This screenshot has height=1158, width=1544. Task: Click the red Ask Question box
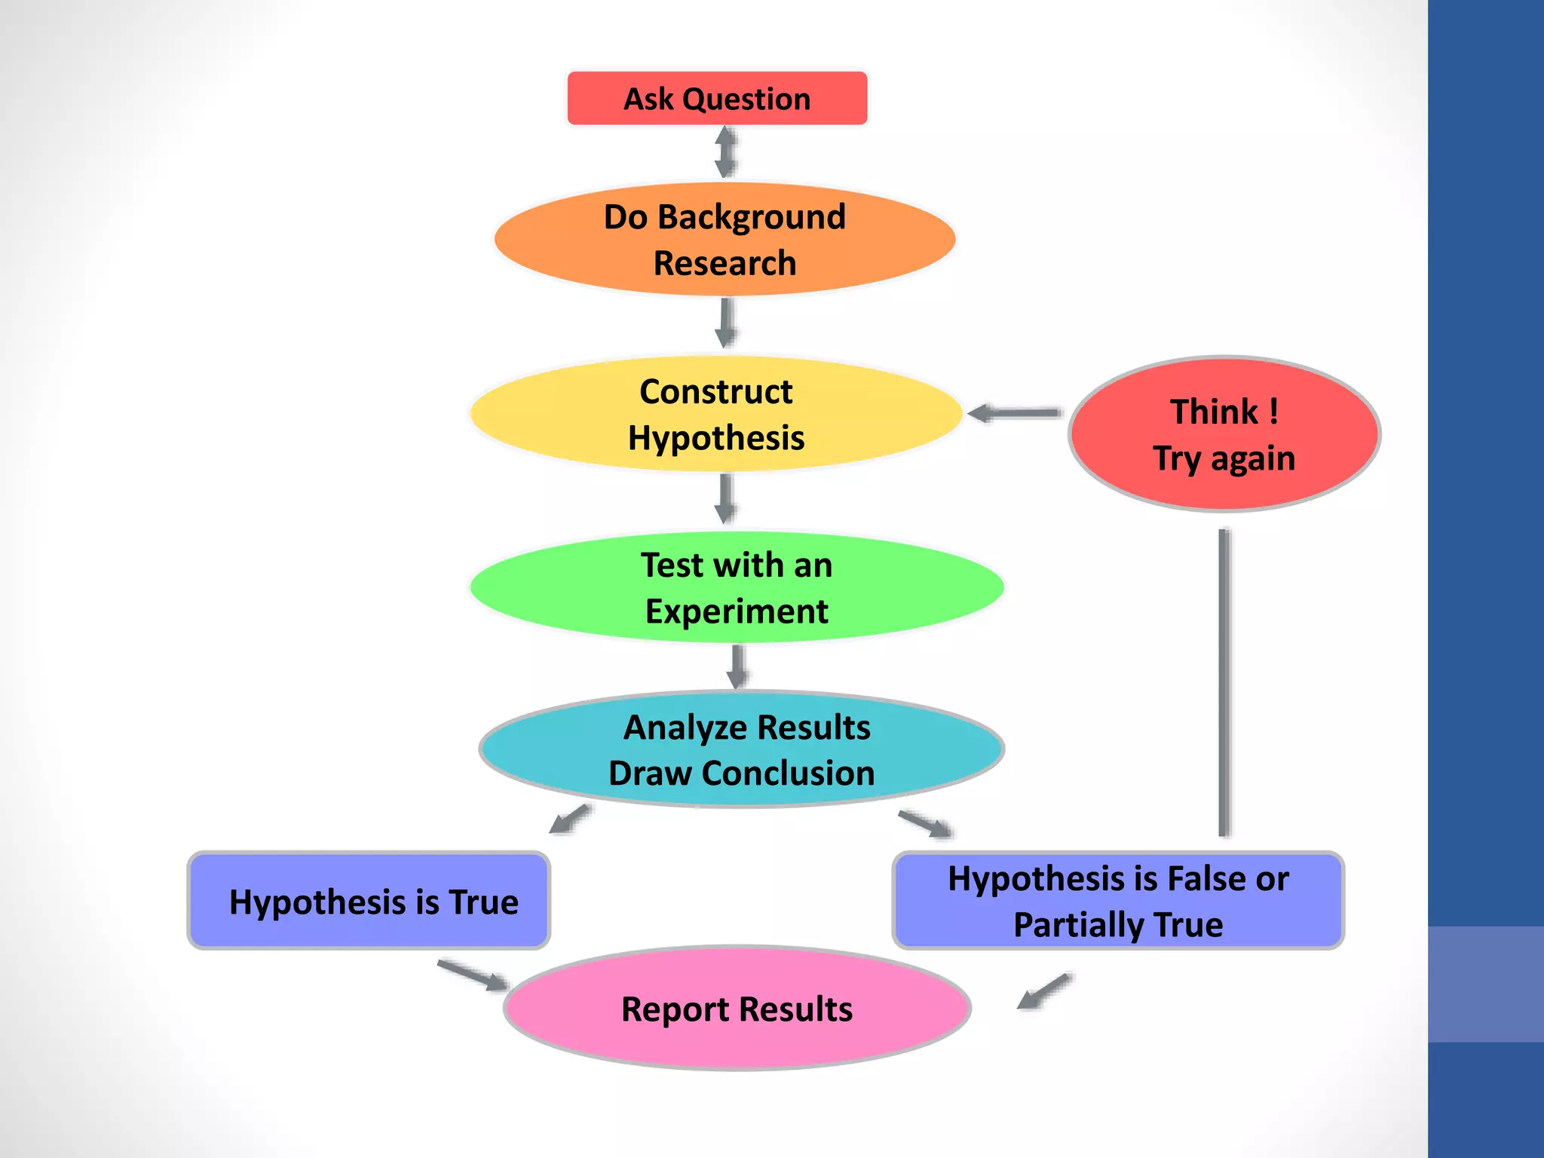pos(717,99)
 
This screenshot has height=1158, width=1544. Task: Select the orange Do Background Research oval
pos(725,239)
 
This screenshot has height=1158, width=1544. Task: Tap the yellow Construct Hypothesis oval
pos(715,414)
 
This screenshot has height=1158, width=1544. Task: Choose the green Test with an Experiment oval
pos(737,587)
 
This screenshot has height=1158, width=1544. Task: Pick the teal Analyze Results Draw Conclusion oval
pos(742,749)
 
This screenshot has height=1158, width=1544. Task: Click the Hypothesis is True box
pos(369,901)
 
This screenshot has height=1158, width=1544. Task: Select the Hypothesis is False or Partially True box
pos(1118,901)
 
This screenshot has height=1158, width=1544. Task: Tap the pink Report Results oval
pos(737,1009)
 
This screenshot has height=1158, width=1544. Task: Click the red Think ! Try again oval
pos(1224,434)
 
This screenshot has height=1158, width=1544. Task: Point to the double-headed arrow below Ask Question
pos(725,152)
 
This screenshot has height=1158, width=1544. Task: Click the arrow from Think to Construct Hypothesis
pos(1015,413)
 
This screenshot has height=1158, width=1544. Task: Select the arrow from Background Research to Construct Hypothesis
pos(725,323)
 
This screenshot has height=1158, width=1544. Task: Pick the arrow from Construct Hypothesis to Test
pos(725,498)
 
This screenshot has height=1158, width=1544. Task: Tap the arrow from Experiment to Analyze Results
pos(737,666)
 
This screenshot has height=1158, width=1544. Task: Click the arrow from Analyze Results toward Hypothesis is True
pos(570,819)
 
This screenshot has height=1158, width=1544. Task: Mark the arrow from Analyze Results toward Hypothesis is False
pos(925,824)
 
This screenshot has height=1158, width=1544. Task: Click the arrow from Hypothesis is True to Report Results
pos(473,976)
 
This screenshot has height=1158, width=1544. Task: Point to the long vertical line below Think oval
pos(1224,682)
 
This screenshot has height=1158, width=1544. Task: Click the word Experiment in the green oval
pos(737,611)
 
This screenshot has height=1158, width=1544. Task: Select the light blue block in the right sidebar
pos(1485,985)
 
